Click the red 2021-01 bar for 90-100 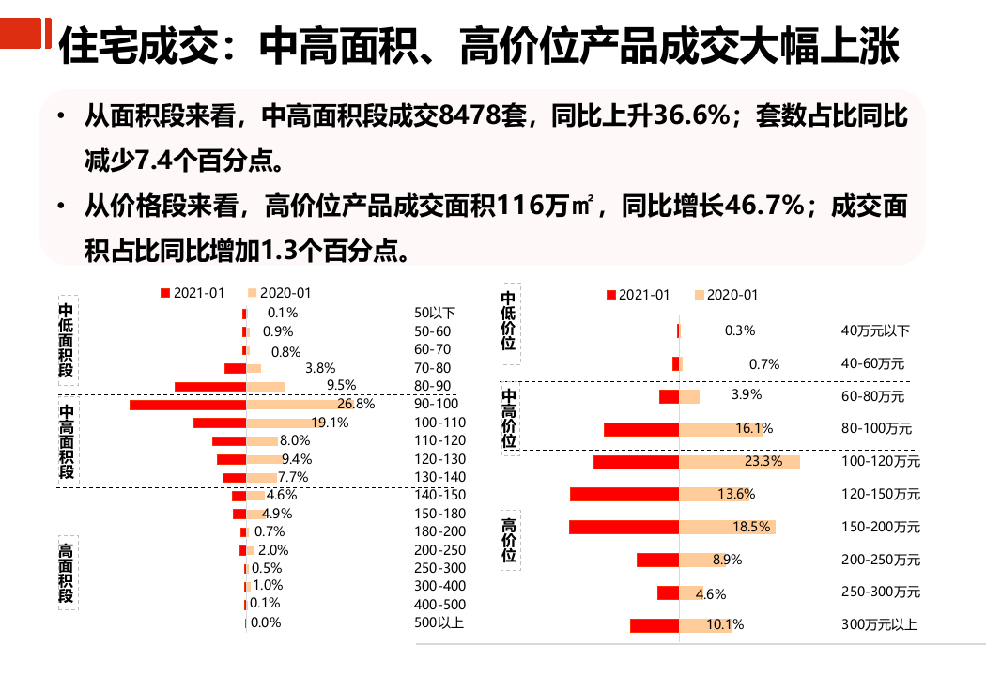tap(188, 405)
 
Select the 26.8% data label tap(356, 405)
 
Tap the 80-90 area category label tap(432, 386)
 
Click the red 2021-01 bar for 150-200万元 tap(624, 527)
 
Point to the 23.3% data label tap(763, 462)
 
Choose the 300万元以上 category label tap(879, 625)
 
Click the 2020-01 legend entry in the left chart tap(279, 293)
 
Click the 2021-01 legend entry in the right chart tap(638, 295)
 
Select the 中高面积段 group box tap(66, 441)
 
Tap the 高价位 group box tap(509, 541)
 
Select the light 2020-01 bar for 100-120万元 tap(739, 462)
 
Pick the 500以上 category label tap(439, 622)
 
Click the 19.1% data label tap(330, 422)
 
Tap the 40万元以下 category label tap(875, 330)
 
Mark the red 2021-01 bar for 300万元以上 tap(654, 625)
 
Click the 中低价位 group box tap(509, 321)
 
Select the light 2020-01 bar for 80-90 tap(265, 387)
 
